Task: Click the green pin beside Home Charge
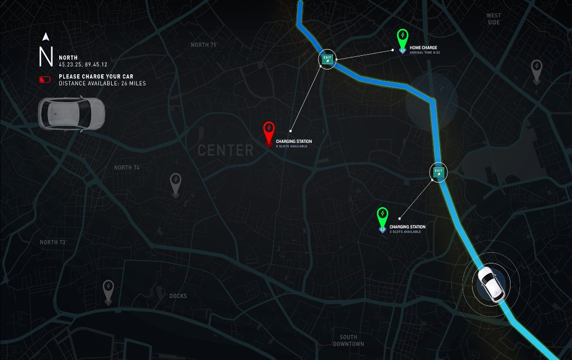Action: coord(402,37)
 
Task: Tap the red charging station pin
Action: coord(269,131)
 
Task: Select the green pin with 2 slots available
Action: coord(382,215)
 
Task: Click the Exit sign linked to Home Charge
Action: coord(327,59)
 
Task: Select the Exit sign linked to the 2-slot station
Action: coord(438,172)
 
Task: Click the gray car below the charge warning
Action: coord(71,114)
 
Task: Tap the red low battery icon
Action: coord(45,80)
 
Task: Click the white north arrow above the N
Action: coord(45,37)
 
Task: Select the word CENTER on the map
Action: coord(226,150)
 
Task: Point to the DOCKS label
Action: coord(178,296)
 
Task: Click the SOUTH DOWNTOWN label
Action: coord(349,340)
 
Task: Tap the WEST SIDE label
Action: coord(494,19)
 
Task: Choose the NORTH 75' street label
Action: coord(204,45)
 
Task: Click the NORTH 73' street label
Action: coord(53,242)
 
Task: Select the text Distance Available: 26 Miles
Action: coord(102,84)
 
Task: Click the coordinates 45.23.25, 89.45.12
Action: coord(83,65)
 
